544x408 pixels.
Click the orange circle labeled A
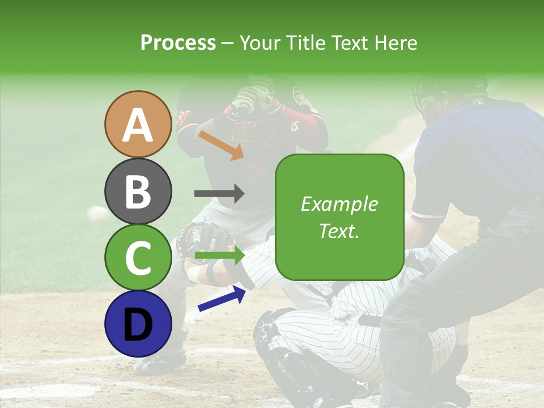click(138, 124)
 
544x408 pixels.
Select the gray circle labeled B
click(138, 191)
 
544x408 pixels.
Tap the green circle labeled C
click(138, 257)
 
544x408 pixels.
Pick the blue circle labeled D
click(138, 324)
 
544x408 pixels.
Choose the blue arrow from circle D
click(222, 299)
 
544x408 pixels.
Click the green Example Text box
click(339, 218)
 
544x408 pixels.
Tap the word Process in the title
click(178, 42)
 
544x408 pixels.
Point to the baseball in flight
click(97, 215)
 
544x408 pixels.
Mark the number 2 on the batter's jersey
click(257, 168)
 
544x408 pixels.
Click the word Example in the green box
click(339, 204)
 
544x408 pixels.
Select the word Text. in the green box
click(339, 231)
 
